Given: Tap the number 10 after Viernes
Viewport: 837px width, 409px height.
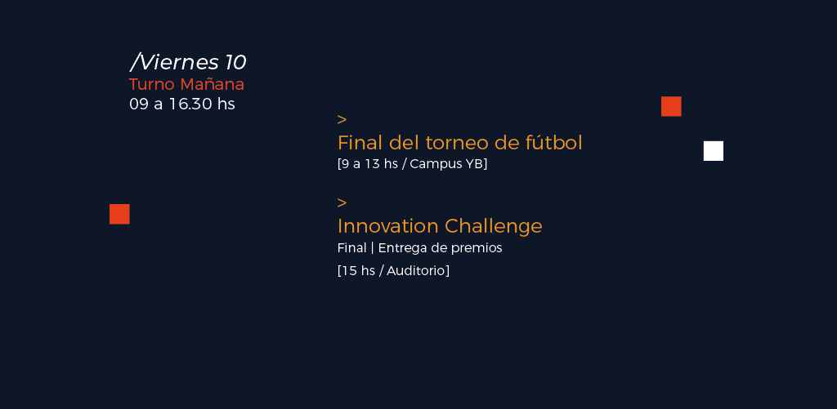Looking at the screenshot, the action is tap(235, 62).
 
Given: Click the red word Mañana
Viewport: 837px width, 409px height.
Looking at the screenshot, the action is tap(212, 84).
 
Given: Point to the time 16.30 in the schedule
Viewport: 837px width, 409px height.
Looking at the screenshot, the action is tap(190, 104).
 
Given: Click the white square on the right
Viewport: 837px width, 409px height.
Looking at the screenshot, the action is tap(713, 151).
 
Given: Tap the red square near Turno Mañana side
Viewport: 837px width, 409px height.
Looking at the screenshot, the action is tap(119, 214).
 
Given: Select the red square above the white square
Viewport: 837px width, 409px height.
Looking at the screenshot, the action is tap(671, 106).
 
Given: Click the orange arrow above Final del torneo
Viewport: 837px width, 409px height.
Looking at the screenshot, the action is tap(342, 119).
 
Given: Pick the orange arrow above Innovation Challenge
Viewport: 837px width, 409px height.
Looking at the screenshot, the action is tap(342, 203).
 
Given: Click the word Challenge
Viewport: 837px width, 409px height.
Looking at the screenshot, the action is tap(493, 227).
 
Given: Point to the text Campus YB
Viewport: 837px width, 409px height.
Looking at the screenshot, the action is tap(446, 164).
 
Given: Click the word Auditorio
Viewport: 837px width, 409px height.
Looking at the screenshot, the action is tap(415, 270).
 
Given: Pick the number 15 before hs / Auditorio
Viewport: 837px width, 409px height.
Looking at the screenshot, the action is tap(349, 270).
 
